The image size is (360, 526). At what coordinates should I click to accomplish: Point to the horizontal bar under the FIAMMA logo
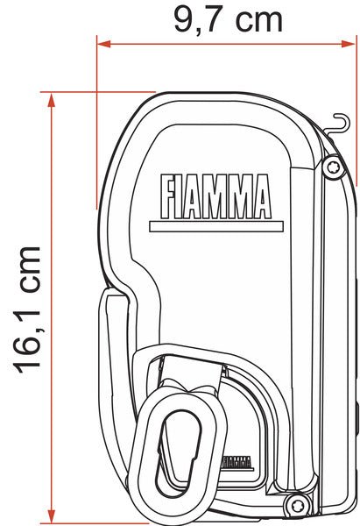(x=209, y=226)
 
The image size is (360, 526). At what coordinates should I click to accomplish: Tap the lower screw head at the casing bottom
(x=297, y=502)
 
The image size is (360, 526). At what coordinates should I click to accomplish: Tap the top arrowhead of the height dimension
(x=53, y=96)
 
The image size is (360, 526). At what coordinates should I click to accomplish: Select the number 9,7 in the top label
(x=195, y=18)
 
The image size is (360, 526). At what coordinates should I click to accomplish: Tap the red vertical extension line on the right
(x=357, y=114)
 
